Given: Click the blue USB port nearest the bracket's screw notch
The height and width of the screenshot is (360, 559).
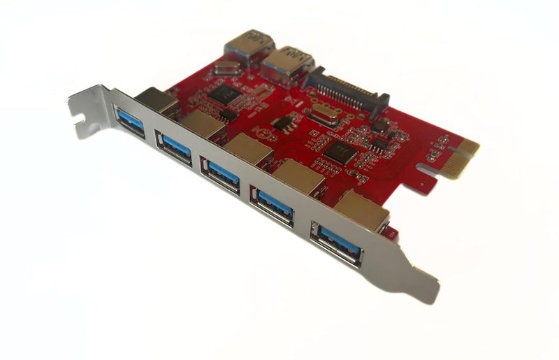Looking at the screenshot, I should point(129,120).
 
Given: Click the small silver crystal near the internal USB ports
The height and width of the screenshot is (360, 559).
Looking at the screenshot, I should point(223,68).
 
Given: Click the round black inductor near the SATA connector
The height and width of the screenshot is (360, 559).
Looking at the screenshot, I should point(380,125).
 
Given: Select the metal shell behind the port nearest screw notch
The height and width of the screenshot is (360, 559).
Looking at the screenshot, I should point(157,101).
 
